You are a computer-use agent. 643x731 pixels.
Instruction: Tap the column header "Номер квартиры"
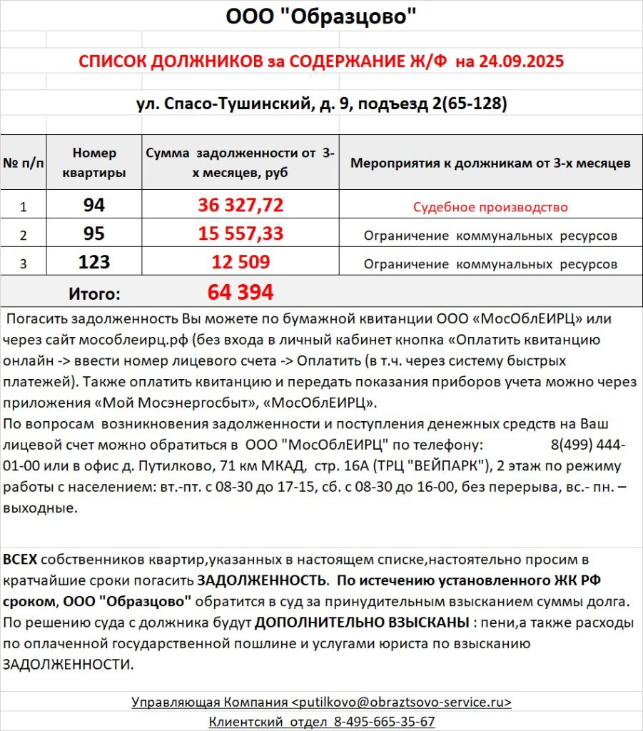[x=94, y=163]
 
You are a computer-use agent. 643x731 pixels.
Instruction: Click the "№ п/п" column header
[x=23, y=163]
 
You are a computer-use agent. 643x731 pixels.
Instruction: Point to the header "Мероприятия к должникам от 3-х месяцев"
[x=490, y=163]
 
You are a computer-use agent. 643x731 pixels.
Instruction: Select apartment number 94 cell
[x=94, y=206]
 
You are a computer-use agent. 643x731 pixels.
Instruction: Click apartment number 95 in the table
[x=94, y=235]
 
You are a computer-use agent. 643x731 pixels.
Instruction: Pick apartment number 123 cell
[x=94, y=263]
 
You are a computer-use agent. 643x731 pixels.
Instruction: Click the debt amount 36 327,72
[x=241, y=206]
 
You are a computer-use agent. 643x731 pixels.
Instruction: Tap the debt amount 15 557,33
[x=241, y=235]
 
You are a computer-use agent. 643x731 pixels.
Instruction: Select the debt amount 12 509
[x=241, y=263]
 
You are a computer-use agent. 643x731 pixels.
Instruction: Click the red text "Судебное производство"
[x=490, y=208]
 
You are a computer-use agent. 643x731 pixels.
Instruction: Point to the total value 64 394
[x=241, y=292]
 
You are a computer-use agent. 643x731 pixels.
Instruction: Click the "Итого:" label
[x=94, y=293]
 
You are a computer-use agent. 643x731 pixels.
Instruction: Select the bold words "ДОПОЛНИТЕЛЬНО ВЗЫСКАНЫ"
[x=362, y=622]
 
